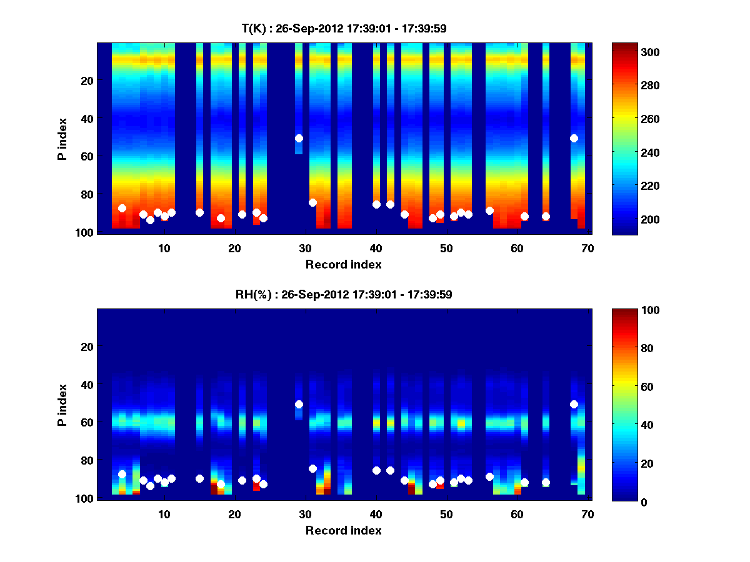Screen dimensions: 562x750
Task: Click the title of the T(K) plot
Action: point(344,28)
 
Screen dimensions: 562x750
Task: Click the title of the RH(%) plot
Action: point(344,294)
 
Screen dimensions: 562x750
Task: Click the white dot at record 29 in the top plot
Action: point(299,138)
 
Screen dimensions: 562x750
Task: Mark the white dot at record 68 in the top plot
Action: point(574,138)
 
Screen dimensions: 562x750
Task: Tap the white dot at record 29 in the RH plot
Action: point(299,404)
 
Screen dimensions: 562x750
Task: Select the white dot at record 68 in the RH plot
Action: point(574,404)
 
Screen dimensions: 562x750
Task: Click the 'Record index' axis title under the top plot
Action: point(344,264)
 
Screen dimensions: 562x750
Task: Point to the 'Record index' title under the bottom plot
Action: point(344,530)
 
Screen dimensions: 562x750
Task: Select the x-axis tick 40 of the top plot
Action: point(376,247)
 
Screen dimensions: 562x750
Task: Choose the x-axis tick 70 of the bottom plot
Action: point(587,513)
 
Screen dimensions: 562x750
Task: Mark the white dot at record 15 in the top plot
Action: point(199,212)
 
